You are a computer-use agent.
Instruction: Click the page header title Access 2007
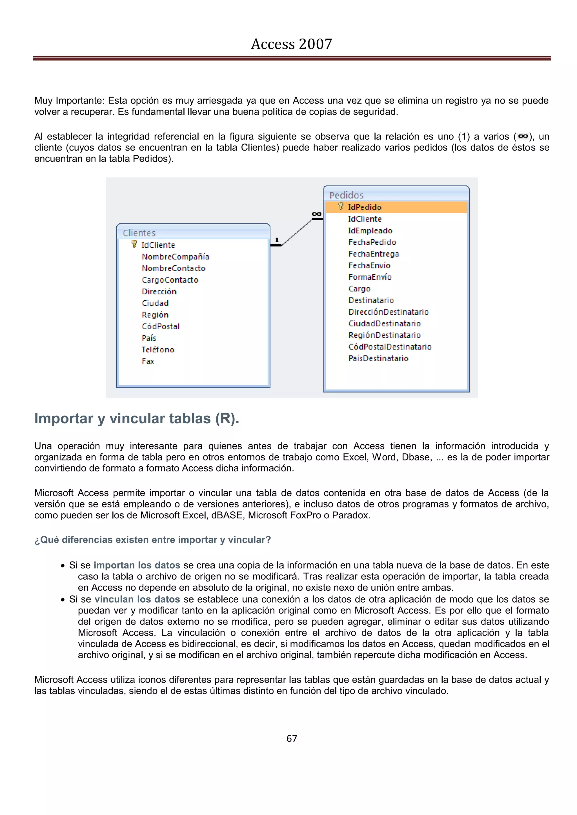point(291,44)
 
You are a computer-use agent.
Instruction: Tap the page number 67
point(291,738)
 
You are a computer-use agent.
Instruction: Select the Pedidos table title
point(346,195)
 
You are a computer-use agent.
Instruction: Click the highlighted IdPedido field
point(365,207)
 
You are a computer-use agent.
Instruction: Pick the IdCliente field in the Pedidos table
point(365,219)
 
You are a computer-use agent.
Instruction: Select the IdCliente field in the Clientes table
point(158,245)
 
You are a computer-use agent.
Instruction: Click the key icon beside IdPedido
point(340,206)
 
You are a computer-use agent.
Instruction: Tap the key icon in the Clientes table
point(134,244)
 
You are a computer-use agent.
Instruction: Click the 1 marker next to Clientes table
point(277,240)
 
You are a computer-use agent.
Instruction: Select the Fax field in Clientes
point(148,361)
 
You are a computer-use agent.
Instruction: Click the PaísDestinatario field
point(378,359)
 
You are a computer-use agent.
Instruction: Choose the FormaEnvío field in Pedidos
point(370,277)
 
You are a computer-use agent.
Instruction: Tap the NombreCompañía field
point(175,257)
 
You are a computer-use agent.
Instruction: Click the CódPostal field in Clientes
point(161,326)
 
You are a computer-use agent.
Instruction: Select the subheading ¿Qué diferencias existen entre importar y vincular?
point(152,539)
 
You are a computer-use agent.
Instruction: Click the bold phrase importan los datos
point(137,565)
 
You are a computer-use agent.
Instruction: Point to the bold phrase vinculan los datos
point(137,599)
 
